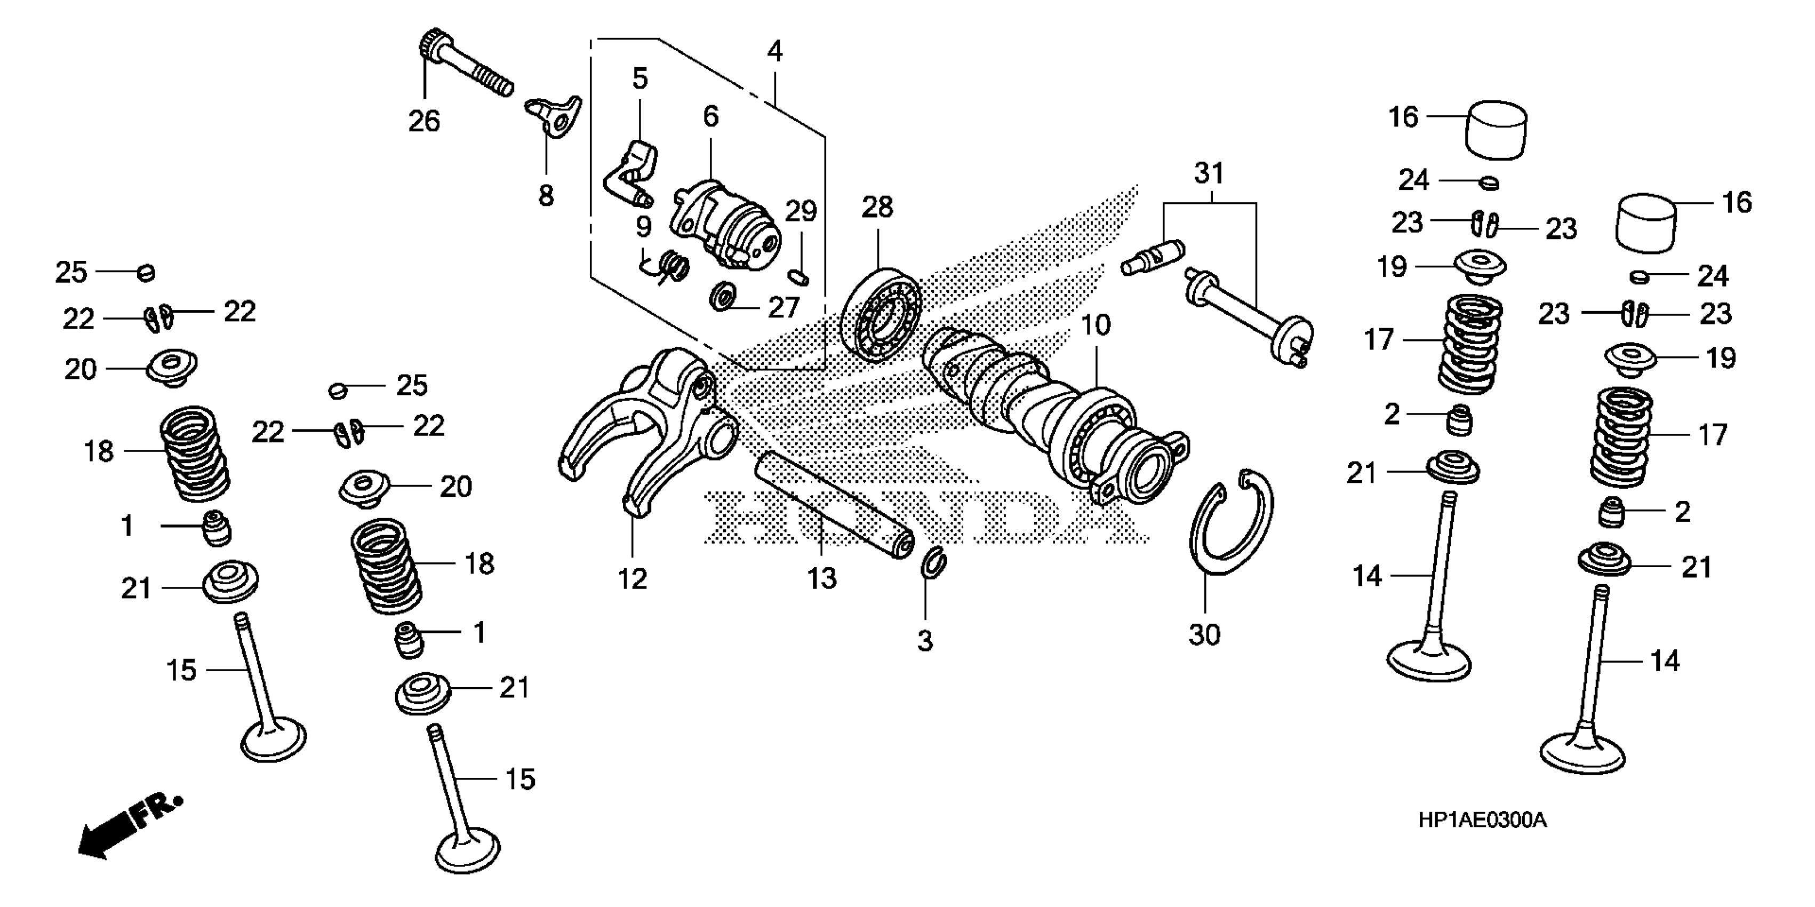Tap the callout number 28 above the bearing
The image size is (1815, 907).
tap(877, 207)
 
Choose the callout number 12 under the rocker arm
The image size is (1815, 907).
tap(632, 579)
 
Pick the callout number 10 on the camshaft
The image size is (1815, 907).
tap(1096, 325)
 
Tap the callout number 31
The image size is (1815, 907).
tap(1209, 173)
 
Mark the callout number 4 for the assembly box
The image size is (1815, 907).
tap(774, 51)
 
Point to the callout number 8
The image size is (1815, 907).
tap(546, 196)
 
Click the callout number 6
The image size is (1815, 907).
tap(710, 116)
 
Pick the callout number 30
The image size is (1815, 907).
tap(1204, 635)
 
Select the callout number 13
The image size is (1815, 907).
tap(821, 578)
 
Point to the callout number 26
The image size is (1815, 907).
tap(424, 121)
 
